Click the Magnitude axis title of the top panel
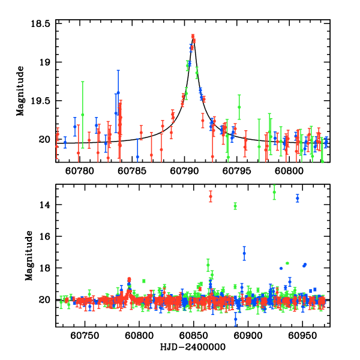point(20,91)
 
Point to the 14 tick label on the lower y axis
point(47,205)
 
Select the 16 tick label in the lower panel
point(47,236)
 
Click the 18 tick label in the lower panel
point(47,268)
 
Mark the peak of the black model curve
point(193,37)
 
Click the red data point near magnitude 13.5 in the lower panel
point(211,196)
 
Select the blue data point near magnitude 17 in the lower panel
point(244,253)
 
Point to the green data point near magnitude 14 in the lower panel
point(235,206)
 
